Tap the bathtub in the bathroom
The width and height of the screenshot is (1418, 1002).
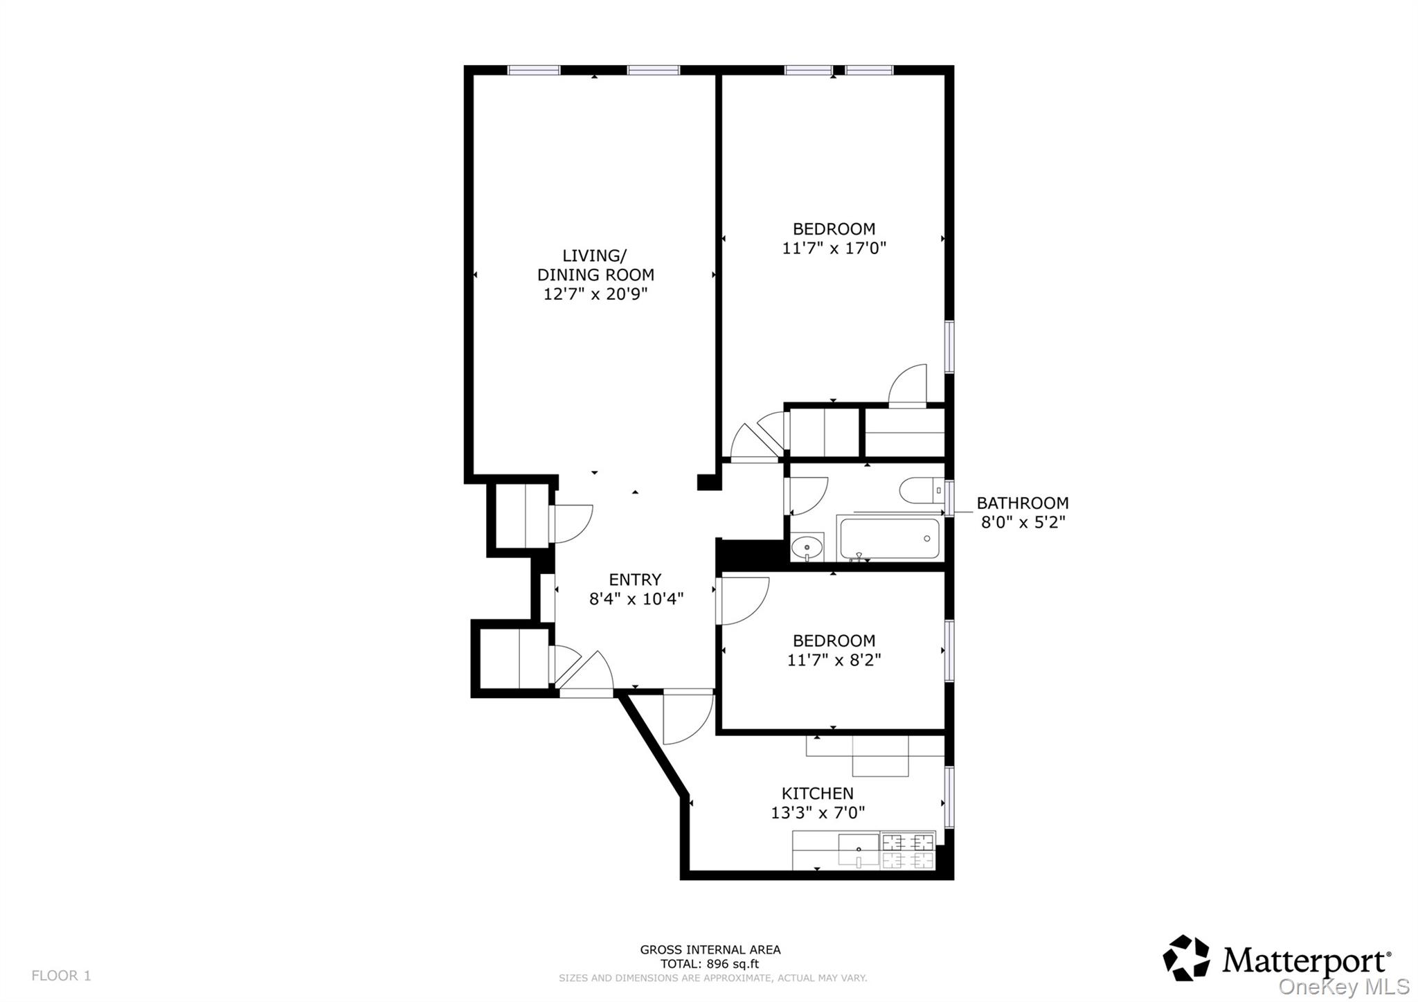[889, 538]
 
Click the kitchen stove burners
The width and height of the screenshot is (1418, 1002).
[907, 851]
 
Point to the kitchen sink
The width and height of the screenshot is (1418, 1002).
[859, 850]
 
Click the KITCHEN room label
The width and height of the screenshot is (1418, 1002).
[817, 794]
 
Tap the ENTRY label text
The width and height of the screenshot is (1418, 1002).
[635, 580]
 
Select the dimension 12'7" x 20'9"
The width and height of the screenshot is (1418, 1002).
[595, 294]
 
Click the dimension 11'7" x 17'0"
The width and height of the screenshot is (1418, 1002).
[834, 248]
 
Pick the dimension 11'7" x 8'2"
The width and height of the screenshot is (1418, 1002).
[834, 660]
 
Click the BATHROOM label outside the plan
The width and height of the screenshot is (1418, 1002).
[1022, 503]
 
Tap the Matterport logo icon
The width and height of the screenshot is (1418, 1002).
[1185, 958]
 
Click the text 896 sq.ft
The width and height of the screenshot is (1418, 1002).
[732, 963]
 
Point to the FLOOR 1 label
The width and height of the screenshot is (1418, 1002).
[61, 976]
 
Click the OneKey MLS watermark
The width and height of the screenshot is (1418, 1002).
[1343, 986]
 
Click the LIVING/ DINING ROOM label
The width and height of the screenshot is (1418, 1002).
[595, 265]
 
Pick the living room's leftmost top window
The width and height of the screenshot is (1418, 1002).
[534, 70]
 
